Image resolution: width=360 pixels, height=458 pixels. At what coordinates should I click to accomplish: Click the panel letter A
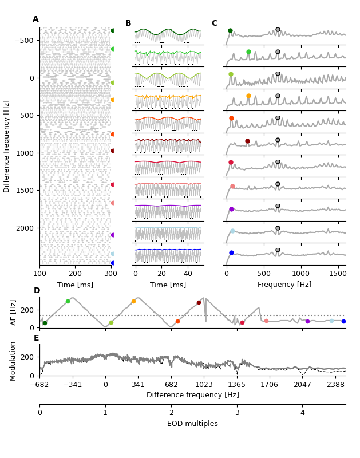(35, 19)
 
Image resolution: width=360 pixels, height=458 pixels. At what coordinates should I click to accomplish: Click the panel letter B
(128, 23)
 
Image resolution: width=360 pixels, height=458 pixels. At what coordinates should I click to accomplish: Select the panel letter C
(215, 23)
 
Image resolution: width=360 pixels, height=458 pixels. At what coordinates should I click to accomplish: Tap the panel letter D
(37, 291)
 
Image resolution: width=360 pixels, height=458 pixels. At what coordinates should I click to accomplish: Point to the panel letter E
(37, 338)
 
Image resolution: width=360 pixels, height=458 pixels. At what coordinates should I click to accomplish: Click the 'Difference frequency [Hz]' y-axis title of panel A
(7, 146)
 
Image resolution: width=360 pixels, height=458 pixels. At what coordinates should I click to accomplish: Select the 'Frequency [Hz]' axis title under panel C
(284, 285)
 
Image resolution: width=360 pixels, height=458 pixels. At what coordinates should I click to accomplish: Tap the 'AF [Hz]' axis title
(14, 312)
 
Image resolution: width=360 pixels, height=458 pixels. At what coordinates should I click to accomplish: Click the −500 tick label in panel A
(24, 40)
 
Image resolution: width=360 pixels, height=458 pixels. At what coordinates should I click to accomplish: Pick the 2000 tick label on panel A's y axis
(26, 228)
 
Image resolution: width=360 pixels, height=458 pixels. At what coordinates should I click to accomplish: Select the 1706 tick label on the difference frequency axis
(270, 385)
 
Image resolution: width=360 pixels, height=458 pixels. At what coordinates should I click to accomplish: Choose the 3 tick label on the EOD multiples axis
(237, 413)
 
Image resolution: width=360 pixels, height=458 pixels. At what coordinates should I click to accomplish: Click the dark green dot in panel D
(45, 323)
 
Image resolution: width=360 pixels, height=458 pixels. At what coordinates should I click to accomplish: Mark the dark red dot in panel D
(199, 302)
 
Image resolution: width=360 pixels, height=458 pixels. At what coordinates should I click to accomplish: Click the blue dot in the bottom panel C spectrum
(231, 252)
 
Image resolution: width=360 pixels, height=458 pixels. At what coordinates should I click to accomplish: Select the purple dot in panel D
(307, 321)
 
